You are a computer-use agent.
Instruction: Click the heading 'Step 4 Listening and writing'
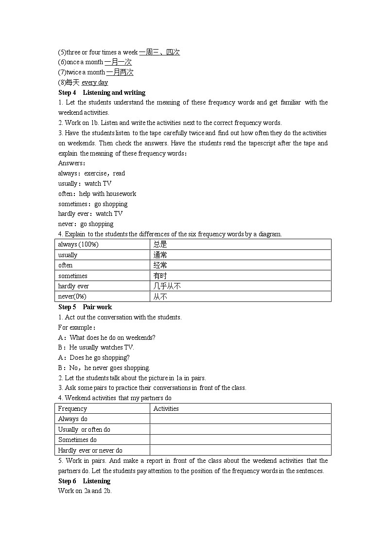(x=102, y=92)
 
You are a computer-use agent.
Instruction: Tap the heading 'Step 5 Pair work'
(x=85, y=307)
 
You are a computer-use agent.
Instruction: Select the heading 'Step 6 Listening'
(x=84, y=481)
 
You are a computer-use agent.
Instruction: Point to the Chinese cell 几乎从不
(x=167, y=286)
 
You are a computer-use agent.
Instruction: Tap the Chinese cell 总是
(x=160, y=245)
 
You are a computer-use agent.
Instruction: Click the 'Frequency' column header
(x=72, y=409)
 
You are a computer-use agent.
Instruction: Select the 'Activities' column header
(x=166, y=409)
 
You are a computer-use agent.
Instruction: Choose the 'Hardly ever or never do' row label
(x=90, y=451)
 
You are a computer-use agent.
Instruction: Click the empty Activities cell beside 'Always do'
(x=240, y=419)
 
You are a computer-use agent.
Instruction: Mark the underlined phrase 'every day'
(x=95, y=83)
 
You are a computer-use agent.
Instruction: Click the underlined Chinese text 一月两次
(x=120, y=72)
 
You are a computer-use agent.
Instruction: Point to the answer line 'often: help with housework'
(x=97, y=194)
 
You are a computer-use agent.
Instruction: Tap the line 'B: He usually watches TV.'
(x=96, y=347)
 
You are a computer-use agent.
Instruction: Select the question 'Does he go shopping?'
(x=99, y=358)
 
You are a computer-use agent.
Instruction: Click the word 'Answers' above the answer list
(x=70, y=163)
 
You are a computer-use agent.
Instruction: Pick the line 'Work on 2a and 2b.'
(x=85, y=491)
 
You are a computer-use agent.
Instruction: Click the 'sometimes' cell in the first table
(x=73, y=276)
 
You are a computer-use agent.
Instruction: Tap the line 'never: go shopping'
(x=86, y=224)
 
